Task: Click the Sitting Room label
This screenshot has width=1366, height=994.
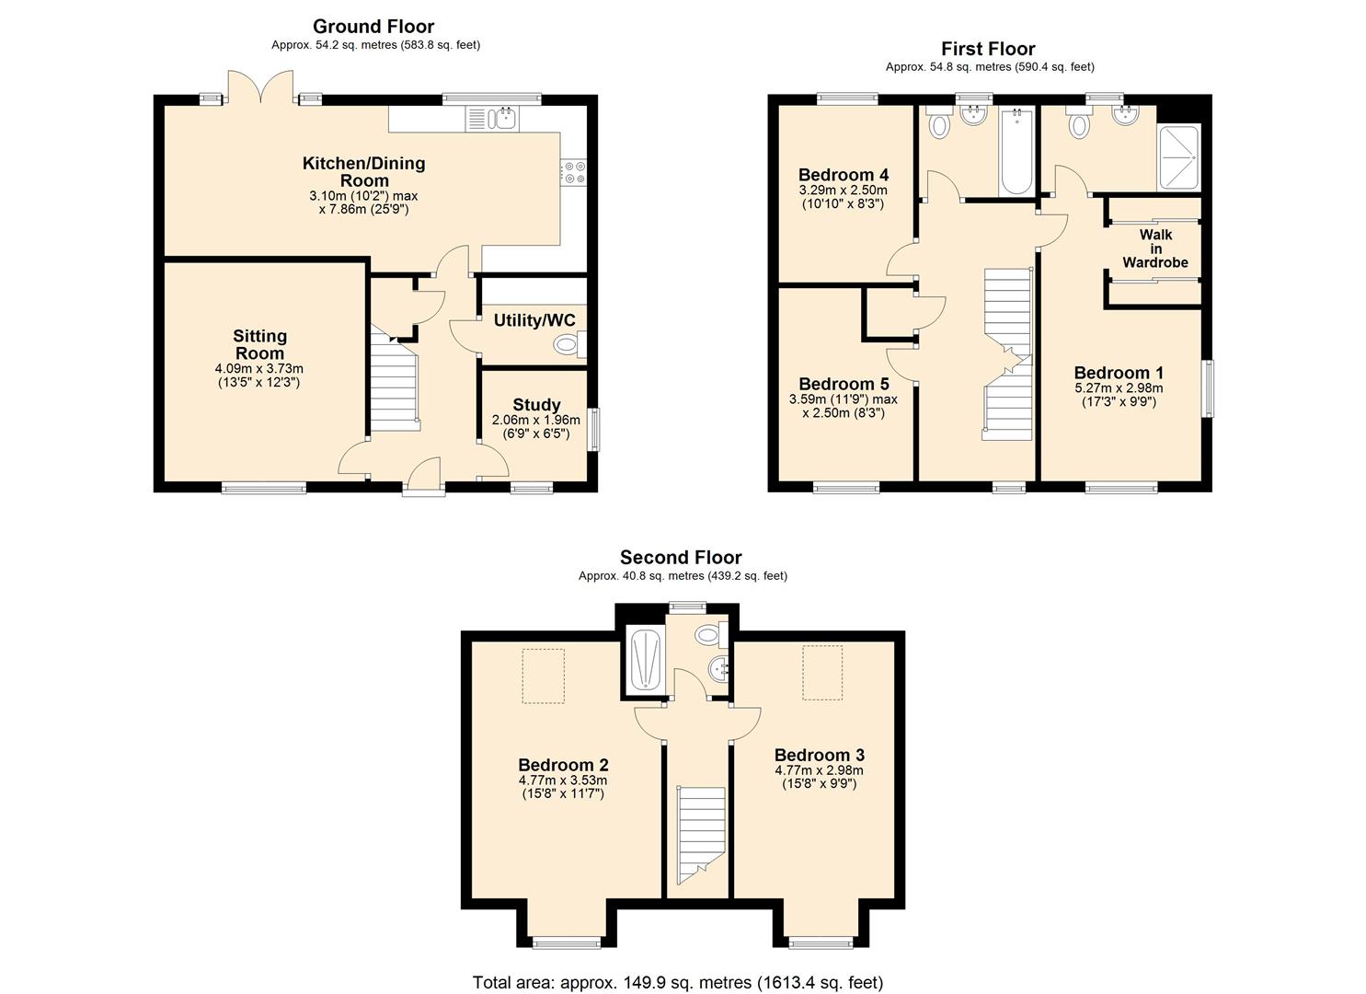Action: (259, 344)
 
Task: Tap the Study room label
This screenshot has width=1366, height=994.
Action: (536, 405)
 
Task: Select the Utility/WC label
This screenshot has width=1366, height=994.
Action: (534, 320)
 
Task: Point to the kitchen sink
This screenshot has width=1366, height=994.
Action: (494, 118)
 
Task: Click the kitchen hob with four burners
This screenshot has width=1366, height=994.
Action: (573, 172)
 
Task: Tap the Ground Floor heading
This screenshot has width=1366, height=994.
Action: (373, 27)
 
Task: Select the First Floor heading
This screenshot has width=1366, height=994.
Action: (988, 49)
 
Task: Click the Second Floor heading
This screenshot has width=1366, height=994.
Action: (681, 557)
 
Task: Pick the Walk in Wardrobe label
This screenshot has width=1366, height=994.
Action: (1155, 248)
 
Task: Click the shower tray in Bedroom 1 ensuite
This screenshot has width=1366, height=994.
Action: (1178, 156)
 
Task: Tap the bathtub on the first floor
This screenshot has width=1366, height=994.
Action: (1016, 152)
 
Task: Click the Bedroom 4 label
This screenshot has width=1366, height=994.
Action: (844, 175)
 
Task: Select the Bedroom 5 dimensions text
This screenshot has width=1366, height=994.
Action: (844, 407)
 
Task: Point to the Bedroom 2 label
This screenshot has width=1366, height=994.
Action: (563, 765)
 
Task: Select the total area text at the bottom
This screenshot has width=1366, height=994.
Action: (678, 982)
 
